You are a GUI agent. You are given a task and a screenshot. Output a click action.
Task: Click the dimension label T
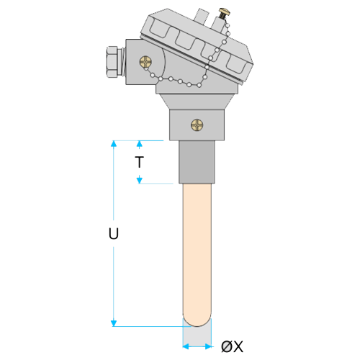[x=139, y=162]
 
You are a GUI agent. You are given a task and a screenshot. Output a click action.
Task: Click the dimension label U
[x=114, y=233]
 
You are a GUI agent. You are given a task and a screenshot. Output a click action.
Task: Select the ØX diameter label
[x=232, y=346]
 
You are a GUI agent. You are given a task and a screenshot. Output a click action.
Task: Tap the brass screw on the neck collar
[x=197, y=125]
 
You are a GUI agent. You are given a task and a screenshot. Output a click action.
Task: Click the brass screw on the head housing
[x=145, y=62]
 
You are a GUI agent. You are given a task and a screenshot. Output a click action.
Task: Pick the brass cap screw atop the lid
[x=224, y=13]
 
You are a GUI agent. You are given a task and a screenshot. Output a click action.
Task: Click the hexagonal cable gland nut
[x=112, y=62]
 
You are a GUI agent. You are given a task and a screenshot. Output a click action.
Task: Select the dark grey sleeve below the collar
[x=197, y=162]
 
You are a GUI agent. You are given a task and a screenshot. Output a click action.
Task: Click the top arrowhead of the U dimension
[x=114, y=143]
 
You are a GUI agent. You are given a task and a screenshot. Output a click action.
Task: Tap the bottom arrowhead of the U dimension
[x=114, y=323]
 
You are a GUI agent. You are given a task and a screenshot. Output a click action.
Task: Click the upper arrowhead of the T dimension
[x=140, y=143]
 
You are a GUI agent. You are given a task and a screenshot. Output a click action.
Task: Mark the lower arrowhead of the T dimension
[x=140, y=181]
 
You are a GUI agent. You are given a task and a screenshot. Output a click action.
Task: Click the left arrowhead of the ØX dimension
[x=186, y=346]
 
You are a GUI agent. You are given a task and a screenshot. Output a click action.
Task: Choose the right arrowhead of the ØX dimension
[x=208, y=346]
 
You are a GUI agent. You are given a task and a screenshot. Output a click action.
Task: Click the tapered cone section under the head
[x=197, y=102]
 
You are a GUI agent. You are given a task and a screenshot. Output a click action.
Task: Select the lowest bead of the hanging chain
[x=199, y=85]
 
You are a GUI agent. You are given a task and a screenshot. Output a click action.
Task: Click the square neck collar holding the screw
[x=197, y=125]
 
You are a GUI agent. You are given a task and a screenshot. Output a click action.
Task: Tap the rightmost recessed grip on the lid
[x=237, y=64]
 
